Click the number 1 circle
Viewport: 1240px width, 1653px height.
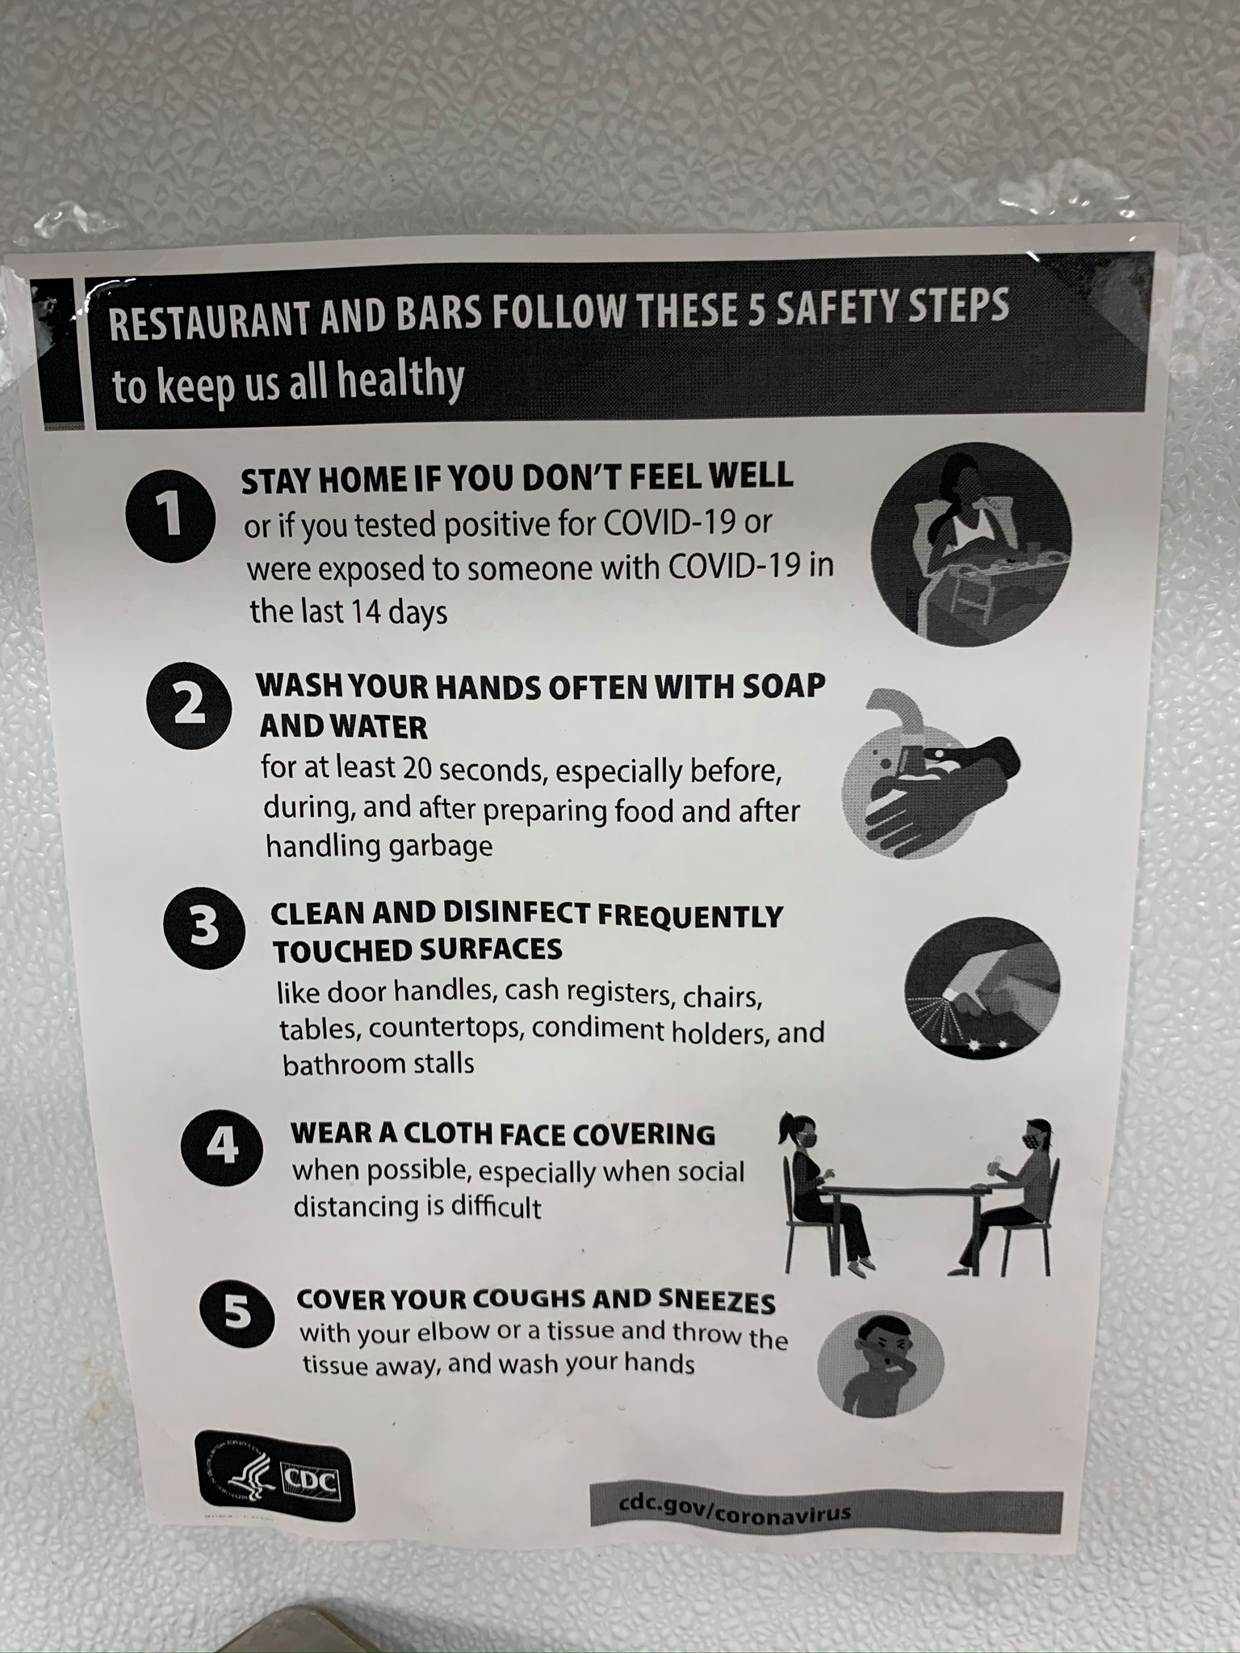click(170, 516)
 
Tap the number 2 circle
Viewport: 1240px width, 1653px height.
click(189, 705)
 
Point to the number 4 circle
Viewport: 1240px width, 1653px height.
click(222, 1147)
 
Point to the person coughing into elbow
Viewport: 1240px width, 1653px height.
click(881, 1363)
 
